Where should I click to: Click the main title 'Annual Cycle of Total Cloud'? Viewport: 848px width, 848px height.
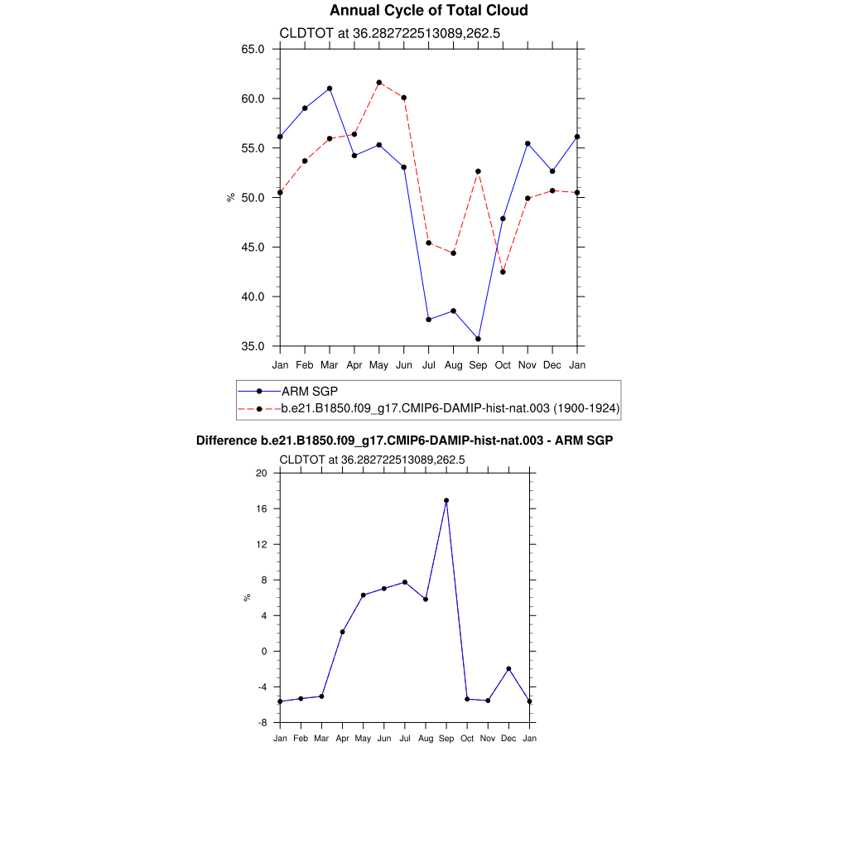tap(428, 11)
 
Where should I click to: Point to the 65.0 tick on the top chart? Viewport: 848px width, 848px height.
tap(253, 49)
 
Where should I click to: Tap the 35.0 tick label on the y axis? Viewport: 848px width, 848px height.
tap(253, 346)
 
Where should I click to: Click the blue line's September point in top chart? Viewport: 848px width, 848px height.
tap(478, 339)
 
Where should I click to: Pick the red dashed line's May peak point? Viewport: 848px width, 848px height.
tap(379, 83)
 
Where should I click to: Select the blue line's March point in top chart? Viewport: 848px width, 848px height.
tap(330, 89)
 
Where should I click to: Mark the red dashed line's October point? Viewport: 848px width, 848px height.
tap(503, 272)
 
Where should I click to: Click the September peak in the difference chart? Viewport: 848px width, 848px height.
tap(446, 500)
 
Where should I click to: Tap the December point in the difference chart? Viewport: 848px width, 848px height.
tap(508, 668)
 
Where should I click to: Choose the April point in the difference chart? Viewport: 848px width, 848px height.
tap(342, 632)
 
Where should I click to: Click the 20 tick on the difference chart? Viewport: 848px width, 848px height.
tap(262, 473)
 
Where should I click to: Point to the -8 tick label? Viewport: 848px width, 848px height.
tap(262, 723)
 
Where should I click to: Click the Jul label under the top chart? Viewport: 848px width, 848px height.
tap(428, 365)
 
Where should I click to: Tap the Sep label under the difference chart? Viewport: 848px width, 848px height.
tap(446, 738)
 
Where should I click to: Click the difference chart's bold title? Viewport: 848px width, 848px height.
tap(404, 441)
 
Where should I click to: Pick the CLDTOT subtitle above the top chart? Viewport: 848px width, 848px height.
tap(389, 34)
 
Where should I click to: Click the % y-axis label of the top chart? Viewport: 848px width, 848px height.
tap(231, 197)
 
